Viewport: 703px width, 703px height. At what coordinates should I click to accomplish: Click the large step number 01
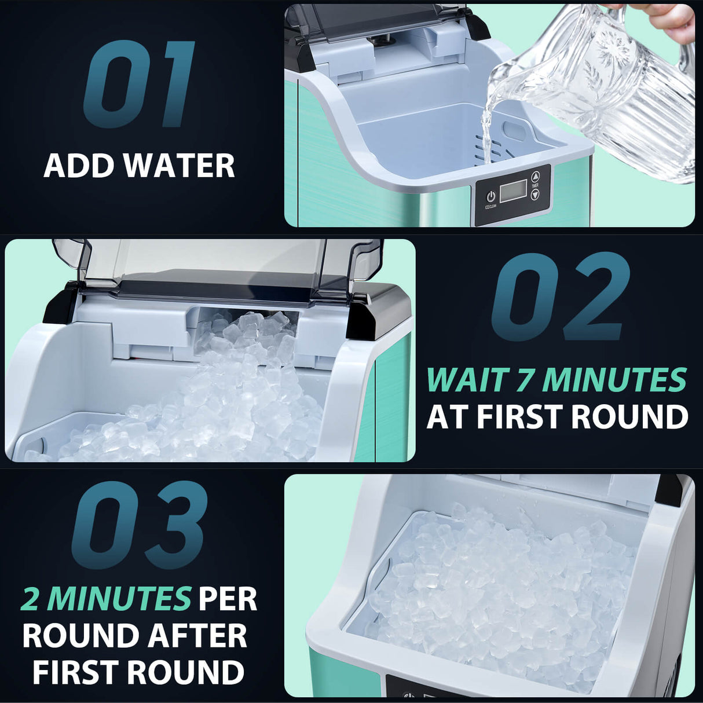139,84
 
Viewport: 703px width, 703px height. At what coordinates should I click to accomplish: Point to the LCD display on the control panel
512,191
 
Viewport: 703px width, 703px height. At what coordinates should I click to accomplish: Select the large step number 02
560,296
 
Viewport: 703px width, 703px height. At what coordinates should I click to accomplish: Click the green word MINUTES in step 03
119,599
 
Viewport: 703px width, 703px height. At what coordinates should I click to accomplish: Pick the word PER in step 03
228,599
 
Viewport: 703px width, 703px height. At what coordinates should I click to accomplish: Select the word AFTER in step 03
197,636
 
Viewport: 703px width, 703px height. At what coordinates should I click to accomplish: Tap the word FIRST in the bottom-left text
75,672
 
